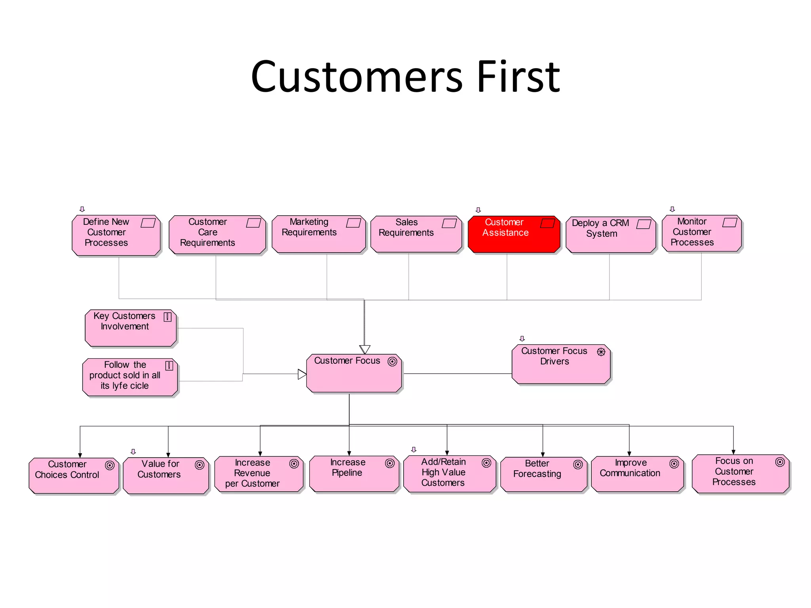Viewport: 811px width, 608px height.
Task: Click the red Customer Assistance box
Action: [x=514, y=234]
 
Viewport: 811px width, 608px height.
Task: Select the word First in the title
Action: [x=518, y=77]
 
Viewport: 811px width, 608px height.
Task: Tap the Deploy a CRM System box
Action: [x=611, y=235]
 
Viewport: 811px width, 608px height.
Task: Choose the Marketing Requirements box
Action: [x=318, y=234]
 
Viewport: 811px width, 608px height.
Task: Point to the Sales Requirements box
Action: [x=416, y=234]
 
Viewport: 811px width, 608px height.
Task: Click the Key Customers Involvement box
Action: [x=131, y=328]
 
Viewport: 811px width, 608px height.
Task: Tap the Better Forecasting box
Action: [x=543, y=474]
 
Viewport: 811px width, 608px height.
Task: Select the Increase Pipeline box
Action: [x=354, y=474]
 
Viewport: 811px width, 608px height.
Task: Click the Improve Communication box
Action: [x=637, y=474]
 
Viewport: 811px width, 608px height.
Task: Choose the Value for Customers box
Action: [x=166, y=475]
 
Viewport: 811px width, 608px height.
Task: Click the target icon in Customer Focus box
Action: [x=392, y=361]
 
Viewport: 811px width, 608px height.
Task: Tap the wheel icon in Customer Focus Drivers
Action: [x=601, y=352]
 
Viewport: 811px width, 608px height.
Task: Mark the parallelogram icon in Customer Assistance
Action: [x=548, y=224]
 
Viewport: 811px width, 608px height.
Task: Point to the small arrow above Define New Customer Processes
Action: [x=82, y=209]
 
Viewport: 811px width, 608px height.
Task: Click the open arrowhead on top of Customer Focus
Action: [x=365, y=350]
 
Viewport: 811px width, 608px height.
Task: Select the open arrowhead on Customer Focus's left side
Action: [x=302, y=374]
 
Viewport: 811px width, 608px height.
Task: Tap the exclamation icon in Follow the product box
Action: [x=169, y=365]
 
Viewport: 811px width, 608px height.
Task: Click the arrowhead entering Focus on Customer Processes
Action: [x=733, y=452]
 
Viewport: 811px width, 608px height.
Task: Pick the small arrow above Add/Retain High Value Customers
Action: [x=414, y=449]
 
